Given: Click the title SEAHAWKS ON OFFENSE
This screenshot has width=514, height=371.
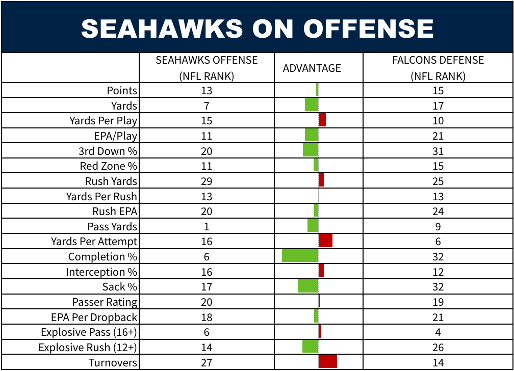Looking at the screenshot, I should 257,29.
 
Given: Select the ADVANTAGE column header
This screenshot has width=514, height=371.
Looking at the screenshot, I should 312,68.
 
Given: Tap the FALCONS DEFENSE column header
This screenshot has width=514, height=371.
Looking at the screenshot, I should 438,68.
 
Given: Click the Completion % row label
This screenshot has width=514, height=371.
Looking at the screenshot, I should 103,257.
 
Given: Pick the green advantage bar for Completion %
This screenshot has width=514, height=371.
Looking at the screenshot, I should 300,256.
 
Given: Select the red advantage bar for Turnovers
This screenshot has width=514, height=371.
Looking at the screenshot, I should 328,362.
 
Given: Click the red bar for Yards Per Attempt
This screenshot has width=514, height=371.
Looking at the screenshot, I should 325,241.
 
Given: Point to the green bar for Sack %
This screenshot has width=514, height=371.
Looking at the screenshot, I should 308,286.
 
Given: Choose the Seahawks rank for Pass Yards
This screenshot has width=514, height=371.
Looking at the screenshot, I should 207,227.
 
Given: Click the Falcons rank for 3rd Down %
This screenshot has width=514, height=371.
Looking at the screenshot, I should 438,151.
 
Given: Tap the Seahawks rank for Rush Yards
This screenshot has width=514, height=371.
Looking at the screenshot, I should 207,181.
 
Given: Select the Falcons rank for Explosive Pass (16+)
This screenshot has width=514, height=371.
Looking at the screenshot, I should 438,332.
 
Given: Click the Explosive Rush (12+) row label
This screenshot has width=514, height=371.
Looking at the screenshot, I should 88,348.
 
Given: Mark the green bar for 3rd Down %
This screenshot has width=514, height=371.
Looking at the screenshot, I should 311,150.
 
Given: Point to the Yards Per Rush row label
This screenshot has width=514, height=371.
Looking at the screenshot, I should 101,197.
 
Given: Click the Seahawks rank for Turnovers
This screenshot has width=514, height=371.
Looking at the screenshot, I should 207,363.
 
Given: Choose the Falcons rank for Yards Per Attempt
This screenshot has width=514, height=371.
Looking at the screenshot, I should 438,242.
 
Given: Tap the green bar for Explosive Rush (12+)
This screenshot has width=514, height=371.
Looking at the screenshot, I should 311,347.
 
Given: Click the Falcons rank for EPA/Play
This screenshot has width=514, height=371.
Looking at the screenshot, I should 438,136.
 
